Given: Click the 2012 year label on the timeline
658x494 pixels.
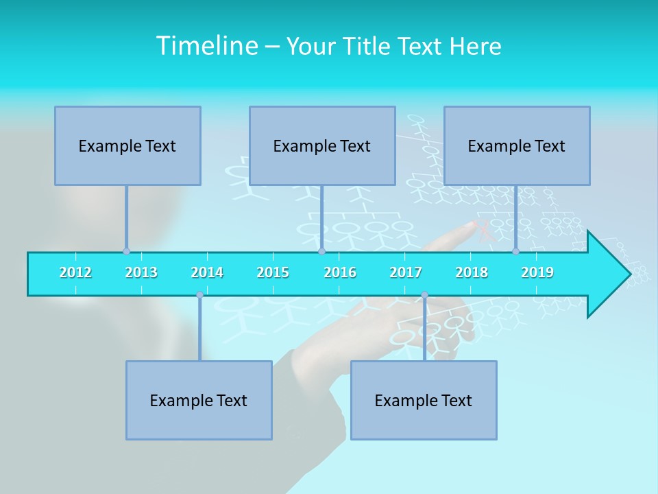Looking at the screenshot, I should coord(75,272).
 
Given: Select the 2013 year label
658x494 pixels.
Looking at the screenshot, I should coord(141,272).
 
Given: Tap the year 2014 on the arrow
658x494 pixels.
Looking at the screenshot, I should coord(207,272).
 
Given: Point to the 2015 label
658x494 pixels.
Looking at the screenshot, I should coord(273,272).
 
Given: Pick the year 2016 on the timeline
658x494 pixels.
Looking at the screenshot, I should coord(340,272).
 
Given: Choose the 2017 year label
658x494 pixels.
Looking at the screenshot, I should coord(406,272).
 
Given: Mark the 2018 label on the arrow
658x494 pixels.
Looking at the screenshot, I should coord(472,272).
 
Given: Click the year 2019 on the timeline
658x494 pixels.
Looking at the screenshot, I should coord(537,272).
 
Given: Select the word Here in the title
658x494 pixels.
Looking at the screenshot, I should coord(475,46).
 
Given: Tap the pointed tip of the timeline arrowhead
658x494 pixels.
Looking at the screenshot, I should coord(629,274).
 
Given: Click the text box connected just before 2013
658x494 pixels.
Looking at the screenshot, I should coord(127,145).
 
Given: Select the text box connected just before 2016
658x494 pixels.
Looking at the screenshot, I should coord(322,145).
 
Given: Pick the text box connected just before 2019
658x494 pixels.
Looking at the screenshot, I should coord(517,145).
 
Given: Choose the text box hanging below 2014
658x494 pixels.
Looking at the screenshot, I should coord(199,400).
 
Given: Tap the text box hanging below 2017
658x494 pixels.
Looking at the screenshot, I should coord(424,400).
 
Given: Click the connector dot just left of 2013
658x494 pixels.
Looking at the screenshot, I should coord(126,251).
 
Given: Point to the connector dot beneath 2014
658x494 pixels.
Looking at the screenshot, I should coord(199,295).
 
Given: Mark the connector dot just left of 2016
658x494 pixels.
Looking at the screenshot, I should coord(321,251).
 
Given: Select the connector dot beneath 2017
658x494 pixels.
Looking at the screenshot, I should coord(424,295).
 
